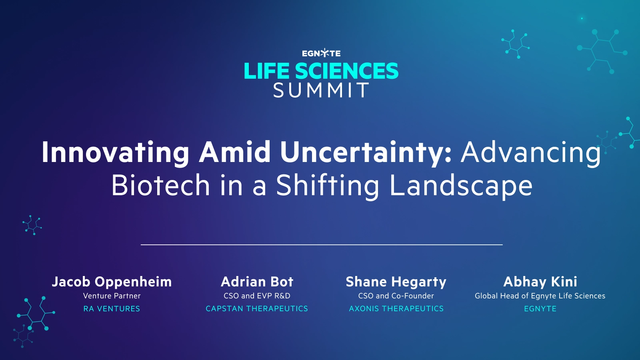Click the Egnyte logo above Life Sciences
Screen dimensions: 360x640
pos(321,53)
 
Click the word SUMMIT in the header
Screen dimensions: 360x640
pos(321,90)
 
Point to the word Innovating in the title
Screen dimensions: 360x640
pos(116,152)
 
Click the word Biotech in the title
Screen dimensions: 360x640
pos(160,186)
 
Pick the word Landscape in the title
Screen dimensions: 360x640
pos(461,186)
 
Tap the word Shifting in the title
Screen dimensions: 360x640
pos(328,186)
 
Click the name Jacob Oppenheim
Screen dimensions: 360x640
pos(112,282)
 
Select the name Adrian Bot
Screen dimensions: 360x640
pos(257,282)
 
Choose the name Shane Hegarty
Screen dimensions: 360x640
pos(396,282)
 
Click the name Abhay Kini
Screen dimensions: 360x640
pos(540,282)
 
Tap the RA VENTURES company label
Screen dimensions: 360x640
pos(112,309)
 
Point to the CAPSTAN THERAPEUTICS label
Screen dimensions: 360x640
pos(257,309)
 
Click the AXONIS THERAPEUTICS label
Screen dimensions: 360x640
pos(396,309)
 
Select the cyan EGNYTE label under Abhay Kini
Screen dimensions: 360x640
pos(540,309)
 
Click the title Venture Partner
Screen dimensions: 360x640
pos(112,296)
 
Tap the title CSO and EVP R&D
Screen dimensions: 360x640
pos(257,296)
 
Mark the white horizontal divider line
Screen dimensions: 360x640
pos(321,244)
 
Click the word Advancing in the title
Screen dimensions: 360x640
pos(530,152)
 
